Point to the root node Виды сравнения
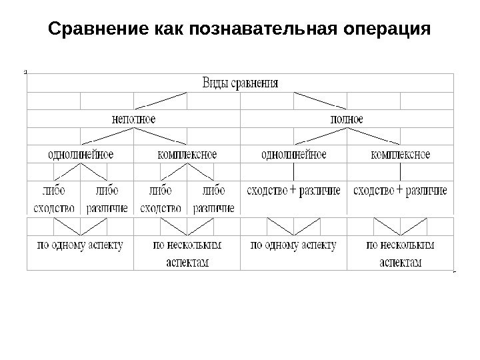240,83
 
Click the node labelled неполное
133,119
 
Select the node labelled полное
347,119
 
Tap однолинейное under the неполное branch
81,155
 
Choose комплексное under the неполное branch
187,155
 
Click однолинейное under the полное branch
293,155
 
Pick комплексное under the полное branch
400,155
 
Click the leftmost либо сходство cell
53,199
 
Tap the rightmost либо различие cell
214,199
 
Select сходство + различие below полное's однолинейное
293,191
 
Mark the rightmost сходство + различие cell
400,191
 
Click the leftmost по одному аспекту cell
80,245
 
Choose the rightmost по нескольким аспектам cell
400,253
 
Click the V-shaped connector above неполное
161,101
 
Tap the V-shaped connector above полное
321,101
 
